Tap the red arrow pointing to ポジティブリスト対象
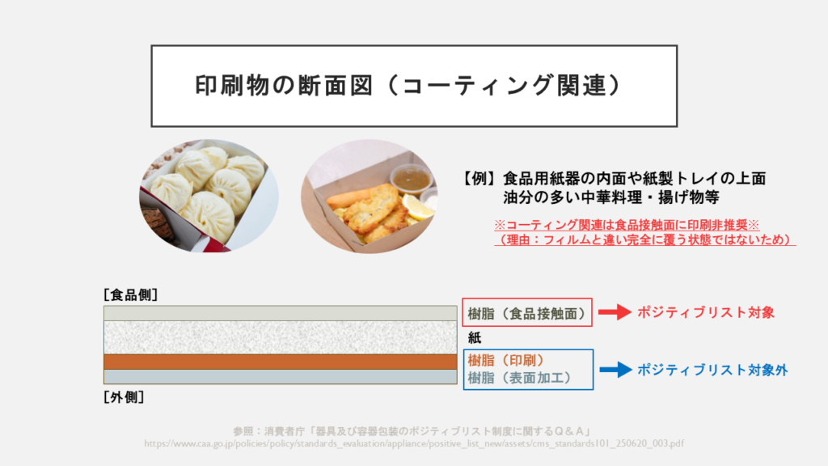pos(615,312)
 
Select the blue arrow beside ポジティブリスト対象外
pos(615,369)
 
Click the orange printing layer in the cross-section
pos(281,362)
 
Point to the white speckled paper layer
pos(281,337)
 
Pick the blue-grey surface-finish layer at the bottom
pos(281,376)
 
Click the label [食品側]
pos(130,294)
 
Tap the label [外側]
pos(124,396)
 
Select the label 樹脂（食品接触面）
pos(527,313)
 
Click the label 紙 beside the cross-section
pos(474,337)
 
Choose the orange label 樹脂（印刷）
pos(506,360)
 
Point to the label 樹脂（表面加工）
pos(520,378)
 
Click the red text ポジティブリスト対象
pos(705,312)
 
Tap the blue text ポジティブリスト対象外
pos(712,370)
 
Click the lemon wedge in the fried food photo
pos(418,207)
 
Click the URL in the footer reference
pos(414,443)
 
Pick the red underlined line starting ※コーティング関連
pos(627,225)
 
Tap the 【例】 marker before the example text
pos(479,179)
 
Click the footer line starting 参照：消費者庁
pos(412,431)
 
